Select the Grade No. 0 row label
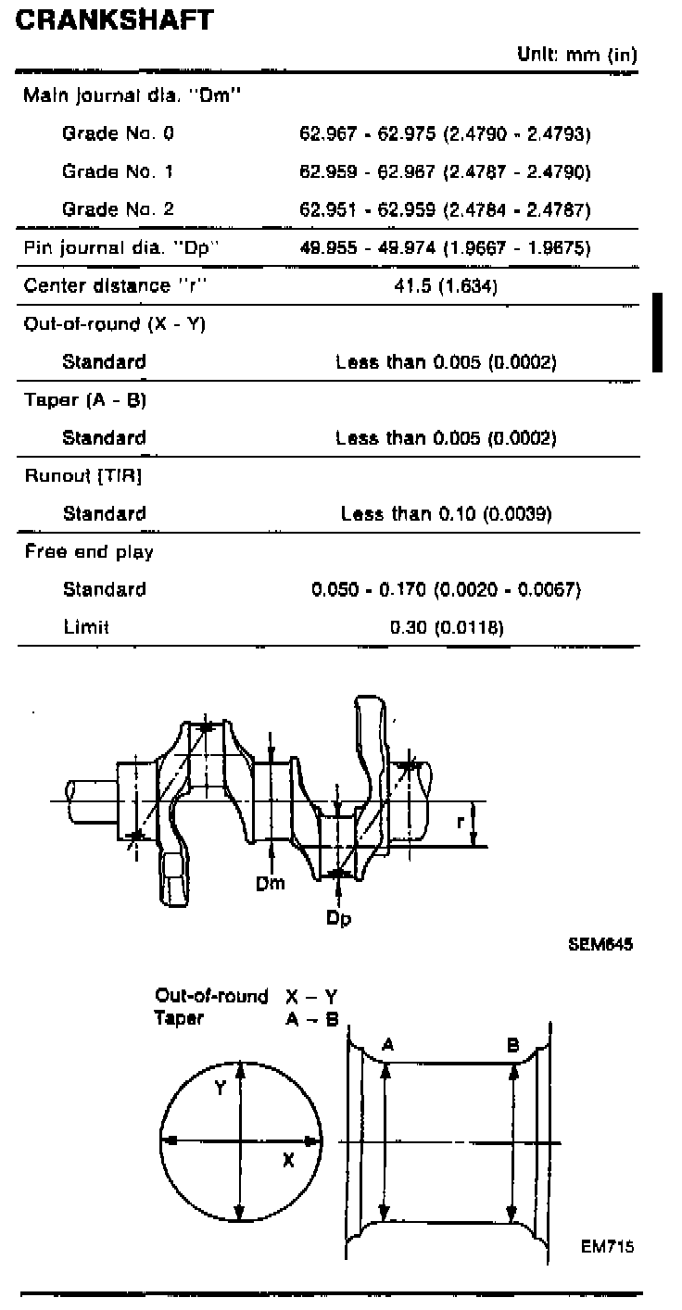(x=118, y=133)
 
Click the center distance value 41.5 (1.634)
(x=446, y=286)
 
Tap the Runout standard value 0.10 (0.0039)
(x=446, y=513)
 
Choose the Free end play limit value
(x=446, y=627)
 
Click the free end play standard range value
(x=446, y=589)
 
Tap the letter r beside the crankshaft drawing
(x=461, y=821)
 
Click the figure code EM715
(x=607, y=1246)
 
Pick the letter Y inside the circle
(x=221, y=1089)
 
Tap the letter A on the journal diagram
(x=388, y=1044)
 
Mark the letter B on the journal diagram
(x=512, y=1044)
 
